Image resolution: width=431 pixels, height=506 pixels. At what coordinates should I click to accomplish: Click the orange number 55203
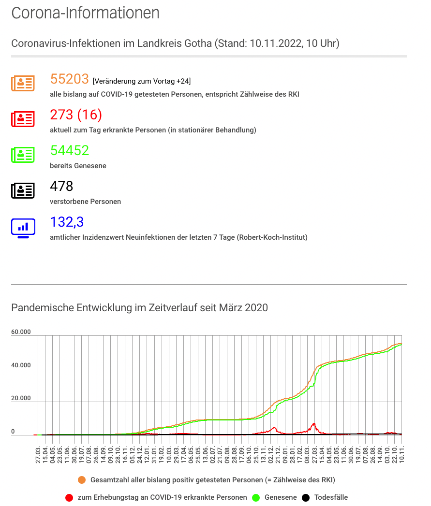[x=70, y=79]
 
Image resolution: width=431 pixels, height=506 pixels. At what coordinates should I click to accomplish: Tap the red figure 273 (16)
[x=76, y=115]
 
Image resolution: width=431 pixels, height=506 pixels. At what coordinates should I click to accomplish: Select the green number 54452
[x=70, y=150]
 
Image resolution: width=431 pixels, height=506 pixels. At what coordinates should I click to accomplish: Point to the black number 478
[x=61, y=186]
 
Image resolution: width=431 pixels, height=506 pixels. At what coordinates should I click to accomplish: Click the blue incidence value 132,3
[x=67, y=222]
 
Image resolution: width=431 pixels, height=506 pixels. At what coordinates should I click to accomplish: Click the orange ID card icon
[x=23, y=84]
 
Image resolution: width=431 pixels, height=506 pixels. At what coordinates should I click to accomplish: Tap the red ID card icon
[x=23, y=119]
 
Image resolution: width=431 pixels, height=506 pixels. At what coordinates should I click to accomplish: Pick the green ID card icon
[x=23, y=155]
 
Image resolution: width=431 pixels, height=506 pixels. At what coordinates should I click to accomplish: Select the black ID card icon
[x=23, y=191]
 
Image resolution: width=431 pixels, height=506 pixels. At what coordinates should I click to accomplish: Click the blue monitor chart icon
[x=23, y=228]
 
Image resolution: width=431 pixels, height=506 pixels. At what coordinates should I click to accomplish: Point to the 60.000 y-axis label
[x=21, y=332]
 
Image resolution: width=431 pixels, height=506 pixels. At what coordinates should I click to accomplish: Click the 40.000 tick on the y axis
[x=21, y=365]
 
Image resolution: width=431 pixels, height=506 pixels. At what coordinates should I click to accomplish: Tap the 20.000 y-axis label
[x=21, y=398]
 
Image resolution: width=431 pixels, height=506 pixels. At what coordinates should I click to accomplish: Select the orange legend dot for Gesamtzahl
[x=82, y=480]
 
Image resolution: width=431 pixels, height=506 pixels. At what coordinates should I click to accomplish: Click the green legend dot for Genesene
[x=256, y=498]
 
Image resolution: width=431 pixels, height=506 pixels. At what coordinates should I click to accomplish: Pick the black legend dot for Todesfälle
[x=306, y=498]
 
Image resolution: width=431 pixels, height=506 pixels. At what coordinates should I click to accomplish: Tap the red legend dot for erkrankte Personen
[x=69, y=498]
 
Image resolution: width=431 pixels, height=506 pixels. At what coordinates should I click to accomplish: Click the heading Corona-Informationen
[x=85, y=13]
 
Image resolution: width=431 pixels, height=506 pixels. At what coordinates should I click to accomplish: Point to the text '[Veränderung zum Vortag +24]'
[x=142, y=81]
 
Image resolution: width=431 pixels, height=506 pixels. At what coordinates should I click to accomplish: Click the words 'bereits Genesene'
[x=78, y=166]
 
